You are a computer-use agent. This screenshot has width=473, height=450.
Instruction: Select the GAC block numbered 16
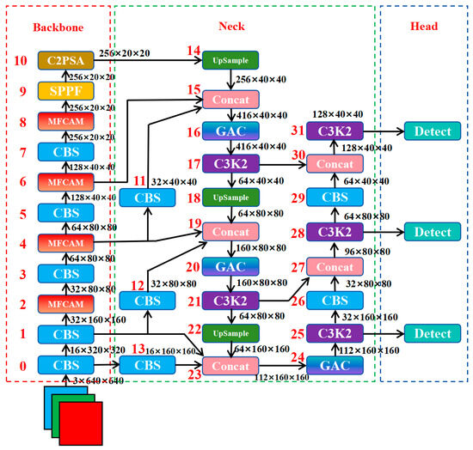click(x=230, y=131)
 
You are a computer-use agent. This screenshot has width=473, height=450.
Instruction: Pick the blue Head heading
click(x=423, y=27)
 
